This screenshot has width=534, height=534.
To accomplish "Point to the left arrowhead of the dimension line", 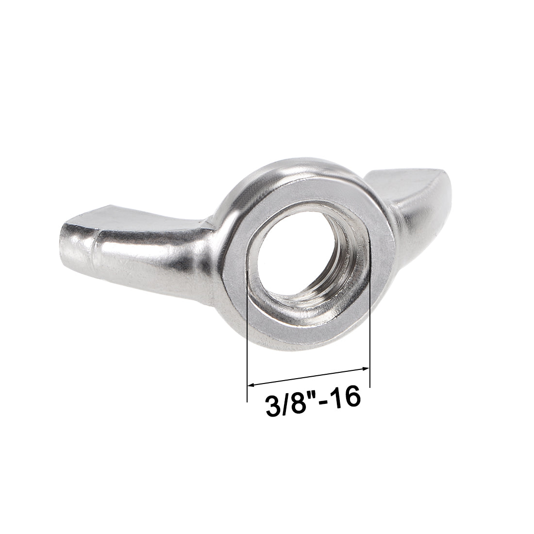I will click(x=251, y=385).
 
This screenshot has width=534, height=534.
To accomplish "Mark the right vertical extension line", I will click(x=370, y=335).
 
